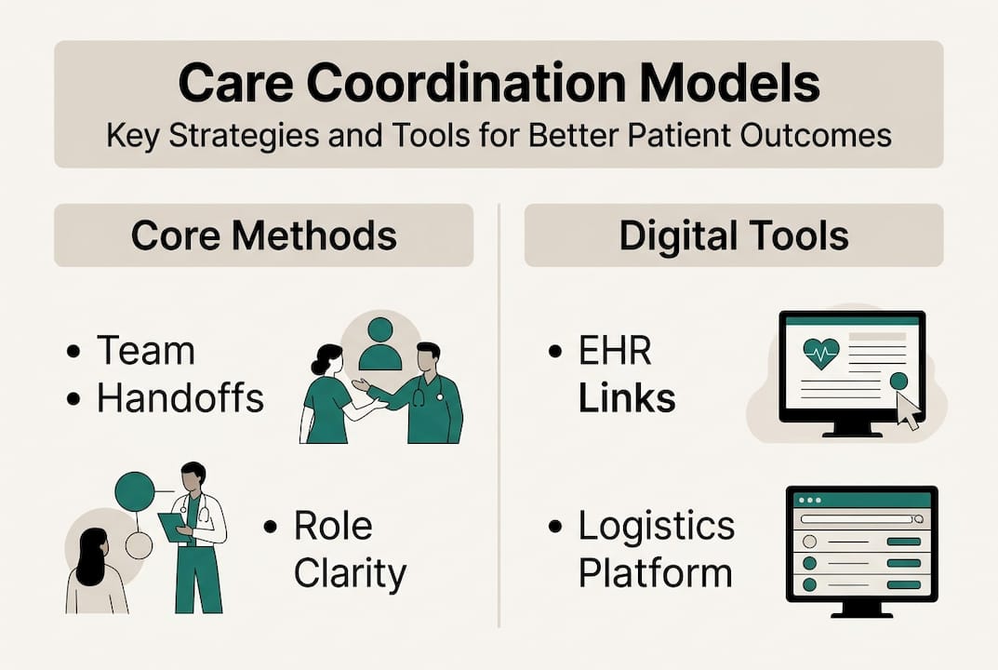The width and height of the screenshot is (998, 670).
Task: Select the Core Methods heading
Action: (263, 235)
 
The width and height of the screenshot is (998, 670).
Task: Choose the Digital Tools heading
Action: (734, 235)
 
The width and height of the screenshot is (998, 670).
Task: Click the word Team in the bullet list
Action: (146, 351)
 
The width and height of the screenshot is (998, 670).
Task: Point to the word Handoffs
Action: (180, 398)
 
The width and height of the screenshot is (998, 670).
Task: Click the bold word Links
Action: (626, 398)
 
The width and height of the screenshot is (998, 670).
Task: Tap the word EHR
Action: (614, 352)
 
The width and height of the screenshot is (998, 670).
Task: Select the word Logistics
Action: (656, 526)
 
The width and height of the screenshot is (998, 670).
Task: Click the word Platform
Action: (655, 573)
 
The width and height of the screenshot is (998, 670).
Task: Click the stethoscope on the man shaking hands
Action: (418, 395)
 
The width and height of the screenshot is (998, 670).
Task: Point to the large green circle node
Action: (134, 490)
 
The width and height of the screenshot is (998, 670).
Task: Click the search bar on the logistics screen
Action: (860, 519)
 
